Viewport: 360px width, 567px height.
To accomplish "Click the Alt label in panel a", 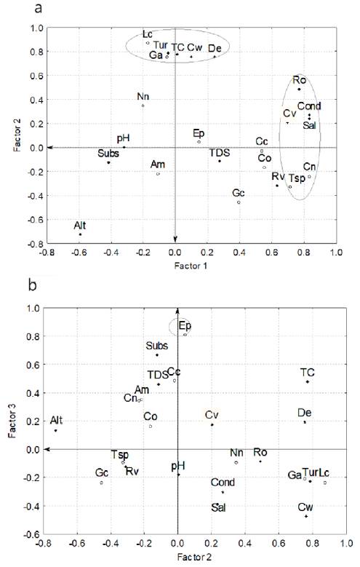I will tap(81, 224).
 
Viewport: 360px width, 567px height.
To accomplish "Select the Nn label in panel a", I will tap(143, 97).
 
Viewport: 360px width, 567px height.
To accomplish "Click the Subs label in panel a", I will tap(108, 153).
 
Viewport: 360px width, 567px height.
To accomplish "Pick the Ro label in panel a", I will tap(299, 79).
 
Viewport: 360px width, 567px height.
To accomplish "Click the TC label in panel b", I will tap(308, 373).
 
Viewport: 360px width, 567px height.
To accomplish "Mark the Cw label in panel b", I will tap(307, 507).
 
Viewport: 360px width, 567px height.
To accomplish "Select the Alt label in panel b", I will tap(57, 421).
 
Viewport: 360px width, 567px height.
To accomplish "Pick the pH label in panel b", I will tap(178, 466).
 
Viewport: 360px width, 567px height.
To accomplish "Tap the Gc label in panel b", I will tap(102, 473).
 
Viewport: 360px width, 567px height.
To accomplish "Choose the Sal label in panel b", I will tap(218, 507).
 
